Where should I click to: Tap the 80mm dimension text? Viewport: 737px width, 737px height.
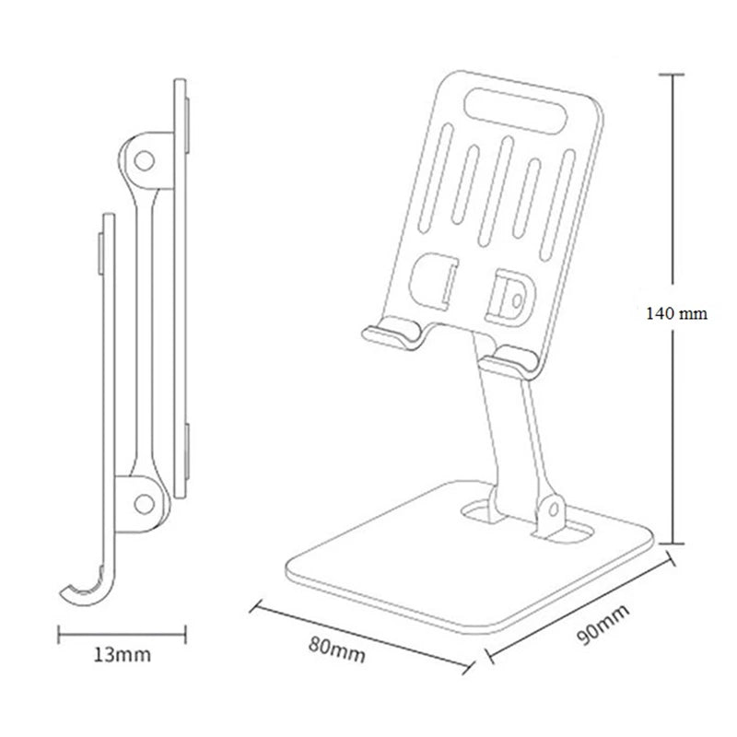pyautogui.click(x=336, y=651)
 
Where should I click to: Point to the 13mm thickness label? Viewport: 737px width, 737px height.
pyautogui.click(x=123, y=655)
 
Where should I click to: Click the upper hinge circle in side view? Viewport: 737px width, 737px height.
pyautogui.click(x=143, y=160)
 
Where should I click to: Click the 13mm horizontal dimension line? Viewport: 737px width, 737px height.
pyautogui.click(x=123, y=633)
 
